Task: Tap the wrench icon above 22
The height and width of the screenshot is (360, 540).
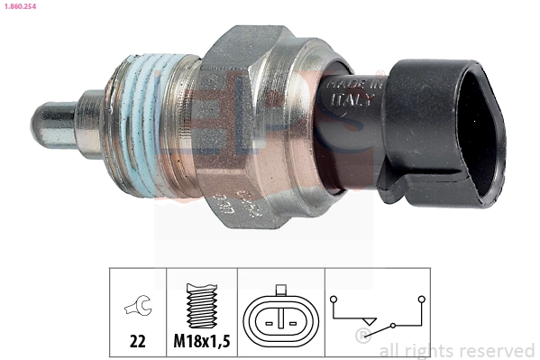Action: click(138, 309)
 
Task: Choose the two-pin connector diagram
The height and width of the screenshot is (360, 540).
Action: click(282, 318)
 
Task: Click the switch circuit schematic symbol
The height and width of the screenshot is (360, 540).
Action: click(378, 311)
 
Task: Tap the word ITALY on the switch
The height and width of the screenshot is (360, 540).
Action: click(348, 99)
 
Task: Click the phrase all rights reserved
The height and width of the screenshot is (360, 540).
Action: click(457, 350)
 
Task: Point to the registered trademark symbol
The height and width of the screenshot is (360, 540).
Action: click(362, 337)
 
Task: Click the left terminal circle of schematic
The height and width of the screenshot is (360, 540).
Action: click(333, 296)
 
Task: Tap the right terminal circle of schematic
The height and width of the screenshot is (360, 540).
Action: click(420, 297)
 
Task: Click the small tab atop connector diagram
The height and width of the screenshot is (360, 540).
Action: click(282, 291)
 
